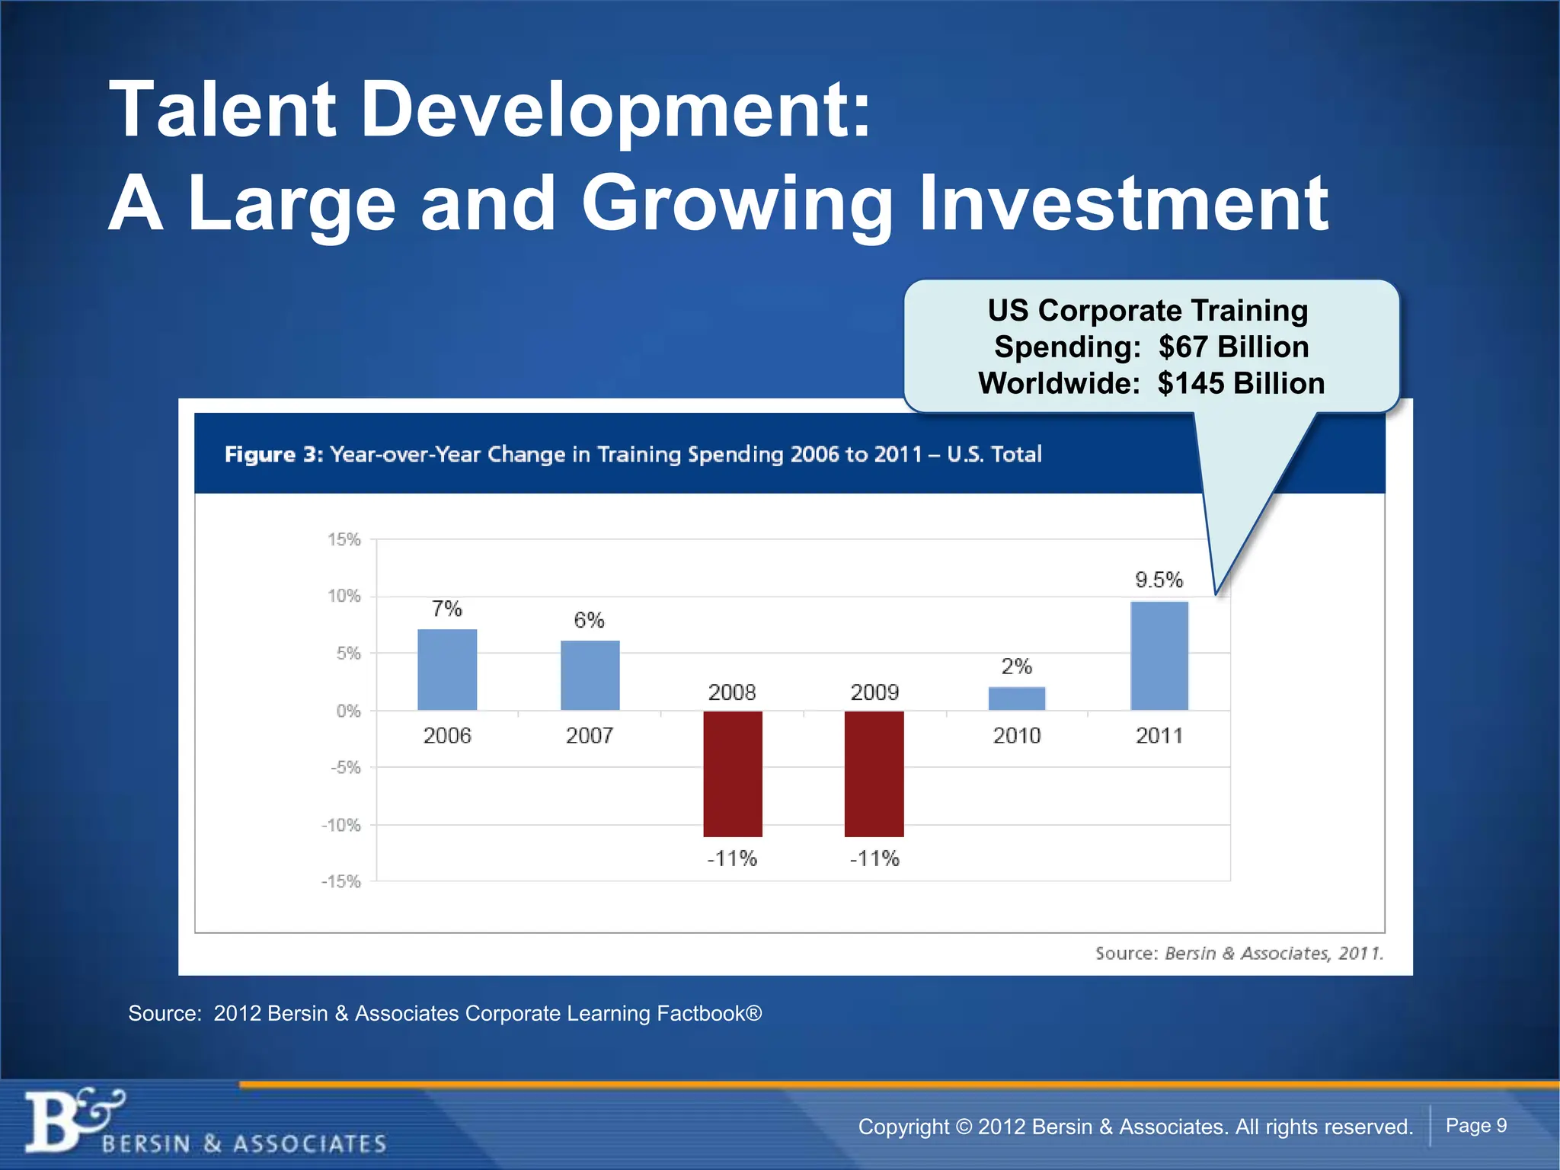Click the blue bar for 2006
tap(447, 670)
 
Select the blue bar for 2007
tap(590, 676)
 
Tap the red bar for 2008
tap(732, 774)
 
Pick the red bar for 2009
tap(874, 774)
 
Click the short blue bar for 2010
tap(1017, 698)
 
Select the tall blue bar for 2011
tap(1159, 656)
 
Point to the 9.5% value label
tap(1159, 580)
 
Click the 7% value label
tap(447, 609)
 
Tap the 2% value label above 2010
tap(1017, 667)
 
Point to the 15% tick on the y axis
tap(344, 539)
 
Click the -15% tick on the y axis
tap(341, 881)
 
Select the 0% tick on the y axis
tap(348, 711)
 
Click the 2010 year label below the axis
tap(1017, 735)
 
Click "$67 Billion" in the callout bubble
tap(1233, 347)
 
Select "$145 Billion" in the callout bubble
tap(1241, 383)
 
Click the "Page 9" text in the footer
tap(1475, 1125)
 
